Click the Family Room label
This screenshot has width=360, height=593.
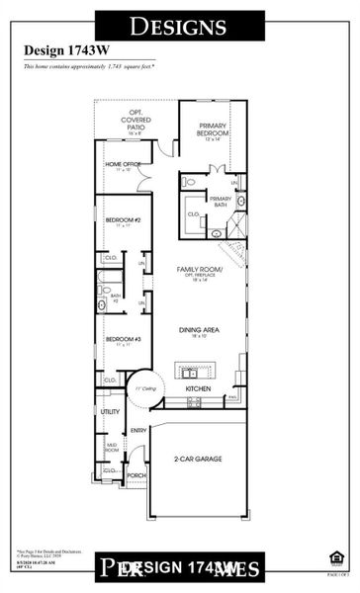pos(200,270)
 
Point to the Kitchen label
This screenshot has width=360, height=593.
pos(199,388)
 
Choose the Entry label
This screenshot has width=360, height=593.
pos(138,430)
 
